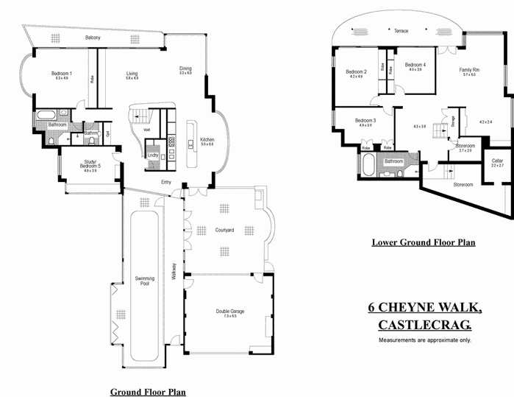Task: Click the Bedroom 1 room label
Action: coord(61,73)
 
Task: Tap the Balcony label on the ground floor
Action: coord(92,38)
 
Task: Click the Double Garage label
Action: coord(230,312)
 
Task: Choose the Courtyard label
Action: coord(224,231)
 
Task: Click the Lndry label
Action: coord(152,155)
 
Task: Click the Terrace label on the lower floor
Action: coord(401,31)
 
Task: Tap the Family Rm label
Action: coord(470,69)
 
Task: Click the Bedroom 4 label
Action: coord(415,64)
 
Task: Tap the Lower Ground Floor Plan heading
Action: coord(423,242)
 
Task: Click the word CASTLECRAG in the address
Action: coord(424,325)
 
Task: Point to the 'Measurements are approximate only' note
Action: coord(424,340)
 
